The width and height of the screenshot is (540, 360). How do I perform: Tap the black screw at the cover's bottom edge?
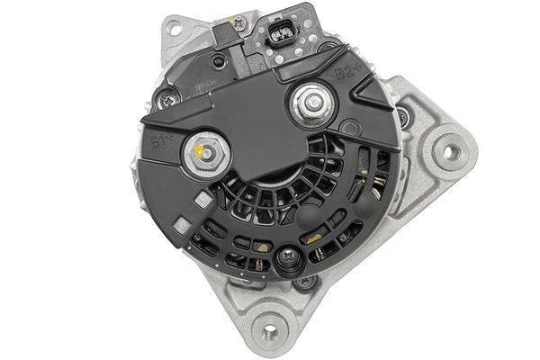[286, 259]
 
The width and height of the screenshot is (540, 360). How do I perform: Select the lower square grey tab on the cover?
[185, 222]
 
